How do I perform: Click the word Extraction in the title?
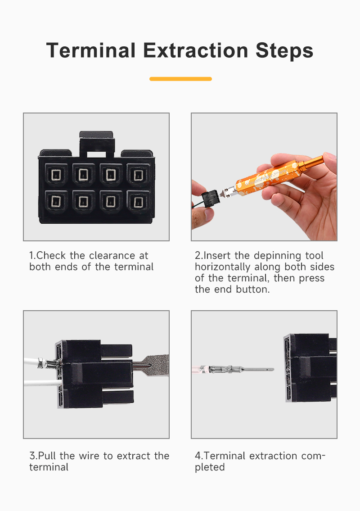coord(195,51)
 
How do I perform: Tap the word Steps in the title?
coord(284,51)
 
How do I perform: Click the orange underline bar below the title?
coord(180,79)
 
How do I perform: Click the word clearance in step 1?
coord(112,256)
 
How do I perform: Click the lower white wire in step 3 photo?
coord(42,383)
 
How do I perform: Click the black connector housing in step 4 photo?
coord(310,368)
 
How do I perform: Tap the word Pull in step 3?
coord(47,456)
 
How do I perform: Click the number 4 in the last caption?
coord(198,456)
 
